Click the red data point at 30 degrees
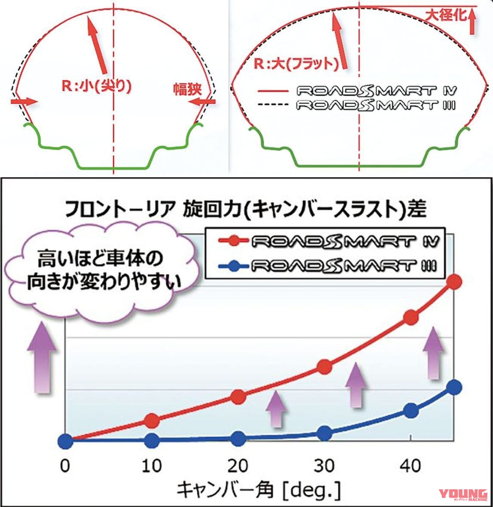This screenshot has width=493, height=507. tap(325, 367)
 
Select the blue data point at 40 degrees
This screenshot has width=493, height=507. tap(411, 411)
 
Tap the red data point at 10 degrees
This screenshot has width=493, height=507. tap(152, 421)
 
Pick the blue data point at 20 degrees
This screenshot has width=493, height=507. tap(238, 438)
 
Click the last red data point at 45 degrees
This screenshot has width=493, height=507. tap(454, 282)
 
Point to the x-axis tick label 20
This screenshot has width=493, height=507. tap(238, 466)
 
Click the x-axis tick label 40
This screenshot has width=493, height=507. tap(411, 466)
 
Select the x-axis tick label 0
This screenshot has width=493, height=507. tap(65, 466)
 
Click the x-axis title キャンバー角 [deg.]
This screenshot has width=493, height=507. tap(259, 490)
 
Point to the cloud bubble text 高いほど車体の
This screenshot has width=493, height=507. tap(100, 259)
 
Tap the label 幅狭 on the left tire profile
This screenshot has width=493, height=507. tap(187, 89)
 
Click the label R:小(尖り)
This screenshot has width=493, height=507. tap(97, 86)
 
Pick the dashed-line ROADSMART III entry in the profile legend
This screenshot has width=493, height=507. tap(357, 105)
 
